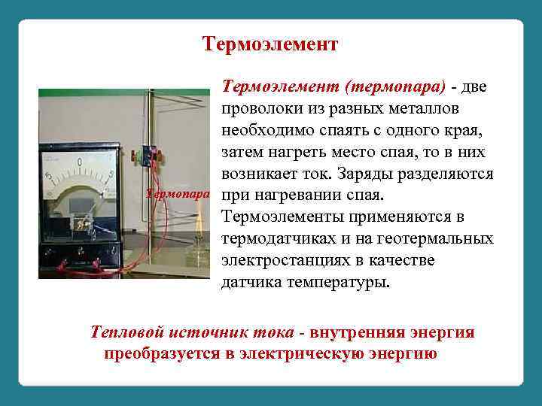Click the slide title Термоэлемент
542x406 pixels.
tap(271, 44)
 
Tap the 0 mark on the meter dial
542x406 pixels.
tap(81, 162)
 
